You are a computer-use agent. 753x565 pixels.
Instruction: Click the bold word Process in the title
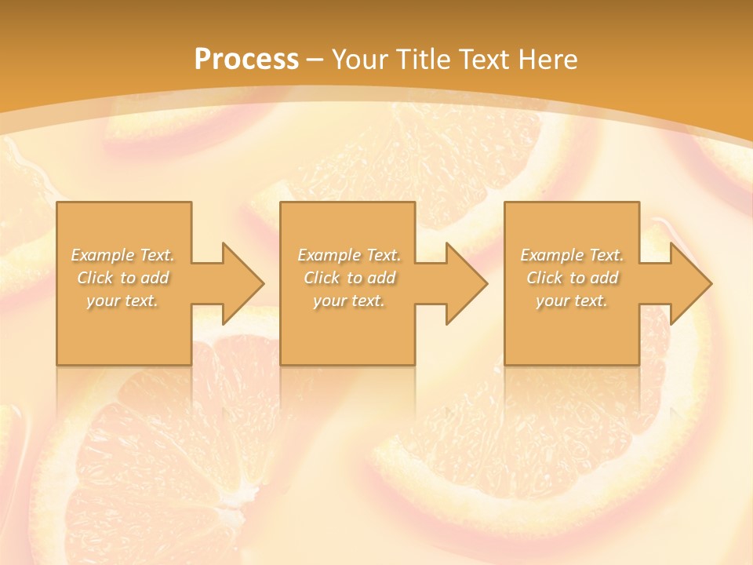pos(246,60)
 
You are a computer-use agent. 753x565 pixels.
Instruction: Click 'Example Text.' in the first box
pos(123,255)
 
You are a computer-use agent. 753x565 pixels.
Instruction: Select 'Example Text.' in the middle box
pos(349,255)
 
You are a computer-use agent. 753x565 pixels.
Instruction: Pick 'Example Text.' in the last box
pos(572,255)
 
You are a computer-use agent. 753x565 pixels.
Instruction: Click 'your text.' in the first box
pos(123,301)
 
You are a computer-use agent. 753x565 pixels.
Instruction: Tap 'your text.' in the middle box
pos(349,301)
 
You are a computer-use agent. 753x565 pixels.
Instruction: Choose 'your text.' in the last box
pos(572,301)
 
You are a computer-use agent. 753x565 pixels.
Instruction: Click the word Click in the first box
pos(95,278)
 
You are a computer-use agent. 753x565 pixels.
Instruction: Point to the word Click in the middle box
pos(322,278)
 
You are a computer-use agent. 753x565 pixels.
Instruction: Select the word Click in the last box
pos(544,278)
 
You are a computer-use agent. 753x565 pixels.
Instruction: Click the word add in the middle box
pos(381,278)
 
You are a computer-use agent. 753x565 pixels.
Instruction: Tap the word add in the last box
pos(604,278)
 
